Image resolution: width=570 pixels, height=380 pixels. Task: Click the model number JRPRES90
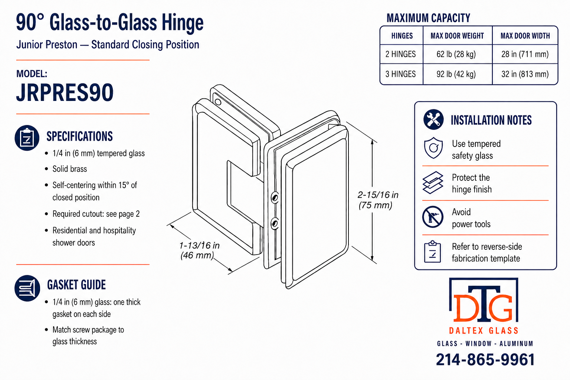(65, 92)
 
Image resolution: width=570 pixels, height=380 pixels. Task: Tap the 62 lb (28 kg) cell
(456, 54)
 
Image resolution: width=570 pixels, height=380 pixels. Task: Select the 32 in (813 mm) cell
(525, 74)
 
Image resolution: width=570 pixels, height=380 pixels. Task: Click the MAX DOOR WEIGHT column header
(457, 36)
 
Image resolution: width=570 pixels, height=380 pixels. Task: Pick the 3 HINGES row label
(400, 74)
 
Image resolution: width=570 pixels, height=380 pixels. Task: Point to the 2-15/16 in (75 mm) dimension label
(378, 200)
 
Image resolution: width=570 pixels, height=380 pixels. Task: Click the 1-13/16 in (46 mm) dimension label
(199, 250)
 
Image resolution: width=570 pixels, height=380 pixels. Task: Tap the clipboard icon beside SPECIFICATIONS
(27, 138)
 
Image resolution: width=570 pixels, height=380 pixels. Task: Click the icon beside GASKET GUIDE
(27, 288)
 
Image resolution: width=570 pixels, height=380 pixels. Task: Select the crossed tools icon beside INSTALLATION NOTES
(433, 119)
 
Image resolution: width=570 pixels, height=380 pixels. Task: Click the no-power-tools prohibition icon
(433, 217)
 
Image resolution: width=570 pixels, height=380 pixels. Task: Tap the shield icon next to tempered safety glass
(433, 148)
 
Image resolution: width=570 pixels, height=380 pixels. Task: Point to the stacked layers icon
(433, 183)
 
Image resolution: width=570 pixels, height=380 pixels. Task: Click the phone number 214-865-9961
(485, 360)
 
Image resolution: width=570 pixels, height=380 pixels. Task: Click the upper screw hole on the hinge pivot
(275, 197)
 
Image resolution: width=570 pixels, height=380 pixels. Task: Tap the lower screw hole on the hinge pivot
(274, 224)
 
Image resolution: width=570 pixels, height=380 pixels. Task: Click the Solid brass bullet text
(69, 169)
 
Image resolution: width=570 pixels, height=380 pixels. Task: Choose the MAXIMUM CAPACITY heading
(428, 18)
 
